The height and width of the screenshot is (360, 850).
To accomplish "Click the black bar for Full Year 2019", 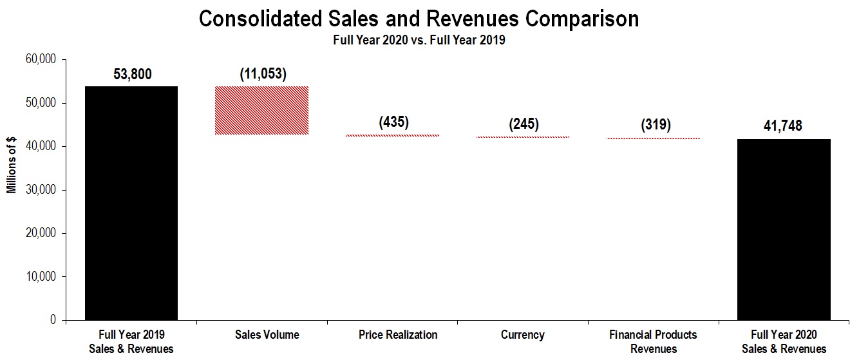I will pyautogui.click(x=131, y=203).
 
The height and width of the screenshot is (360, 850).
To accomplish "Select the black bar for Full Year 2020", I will pyautogui.click(x=784, y=229).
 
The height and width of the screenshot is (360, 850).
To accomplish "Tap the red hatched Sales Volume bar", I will pyautogui.click(x=261, y=110).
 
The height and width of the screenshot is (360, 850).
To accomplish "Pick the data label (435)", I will pyautogui.click(x=394, y=122).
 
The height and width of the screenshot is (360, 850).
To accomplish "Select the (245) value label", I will pyautogui.click(x=524, y=124).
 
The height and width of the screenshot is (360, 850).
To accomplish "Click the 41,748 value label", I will pyautogui.click(x=783, y=126).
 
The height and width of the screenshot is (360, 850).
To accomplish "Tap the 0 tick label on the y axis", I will pyautogui.click(x=54, y=320).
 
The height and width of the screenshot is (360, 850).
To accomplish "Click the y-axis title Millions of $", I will pyautogui.click(x=12, y=167).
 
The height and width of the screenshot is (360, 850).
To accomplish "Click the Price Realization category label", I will pyautogui.click(x=397, y=335).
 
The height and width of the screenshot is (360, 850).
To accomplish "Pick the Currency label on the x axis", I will pyautogui.click(x=522, y=335).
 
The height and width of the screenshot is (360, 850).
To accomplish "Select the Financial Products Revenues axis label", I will pyautogui.click(x=653, y=342).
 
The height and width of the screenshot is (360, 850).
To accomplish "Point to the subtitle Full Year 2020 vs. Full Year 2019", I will pyautogui.click(x=419, y=40).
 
